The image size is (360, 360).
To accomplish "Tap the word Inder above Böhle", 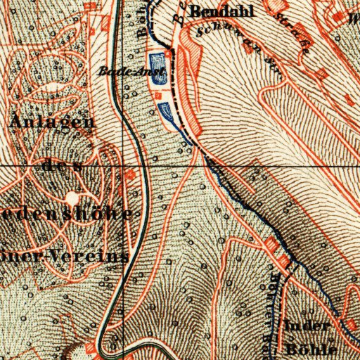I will [308, 325].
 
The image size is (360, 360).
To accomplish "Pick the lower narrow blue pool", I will [167, 110].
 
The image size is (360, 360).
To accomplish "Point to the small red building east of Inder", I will [346, 321].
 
